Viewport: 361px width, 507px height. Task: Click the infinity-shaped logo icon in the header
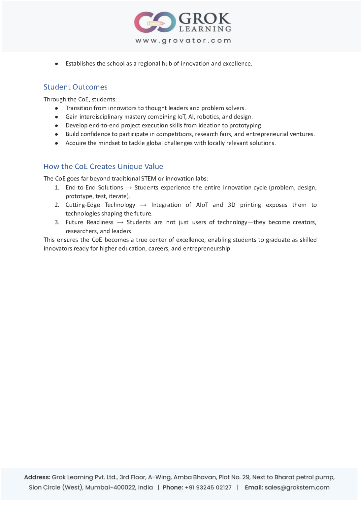(155, 22)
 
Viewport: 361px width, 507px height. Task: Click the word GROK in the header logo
(204, 18)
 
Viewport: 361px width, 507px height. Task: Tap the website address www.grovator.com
(183, 41)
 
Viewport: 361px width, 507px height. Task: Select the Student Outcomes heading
(76, 87)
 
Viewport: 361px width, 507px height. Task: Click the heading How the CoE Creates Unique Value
(103, 166)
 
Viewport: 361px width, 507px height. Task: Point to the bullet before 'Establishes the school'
(57, 64)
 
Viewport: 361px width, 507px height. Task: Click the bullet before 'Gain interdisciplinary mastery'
(57, 117)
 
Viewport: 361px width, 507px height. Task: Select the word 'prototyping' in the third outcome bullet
(246, 125)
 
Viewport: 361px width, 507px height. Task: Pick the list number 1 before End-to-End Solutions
(57, 187)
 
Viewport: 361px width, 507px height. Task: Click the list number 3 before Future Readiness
(57, 222)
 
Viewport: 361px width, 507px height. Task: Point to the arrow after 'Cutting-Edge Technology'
(143, 205)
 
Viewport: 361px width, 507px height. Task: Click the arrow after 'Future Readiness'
(120, 222)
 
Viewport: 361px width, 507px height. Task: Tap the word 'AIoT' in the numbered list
(202, 205)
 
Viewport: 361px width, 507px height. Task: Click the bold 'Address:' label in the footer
(37, 477)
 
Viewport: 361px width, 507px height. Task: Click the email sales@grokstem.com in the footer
(297, 487)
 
